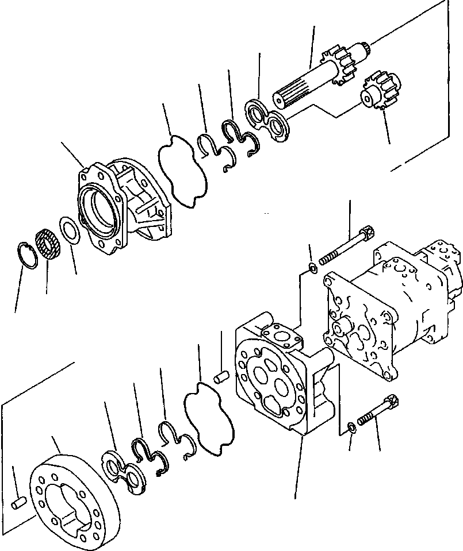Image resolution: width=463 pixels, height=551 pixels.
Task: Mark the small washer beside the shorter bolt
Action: (x=351, y=426)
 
